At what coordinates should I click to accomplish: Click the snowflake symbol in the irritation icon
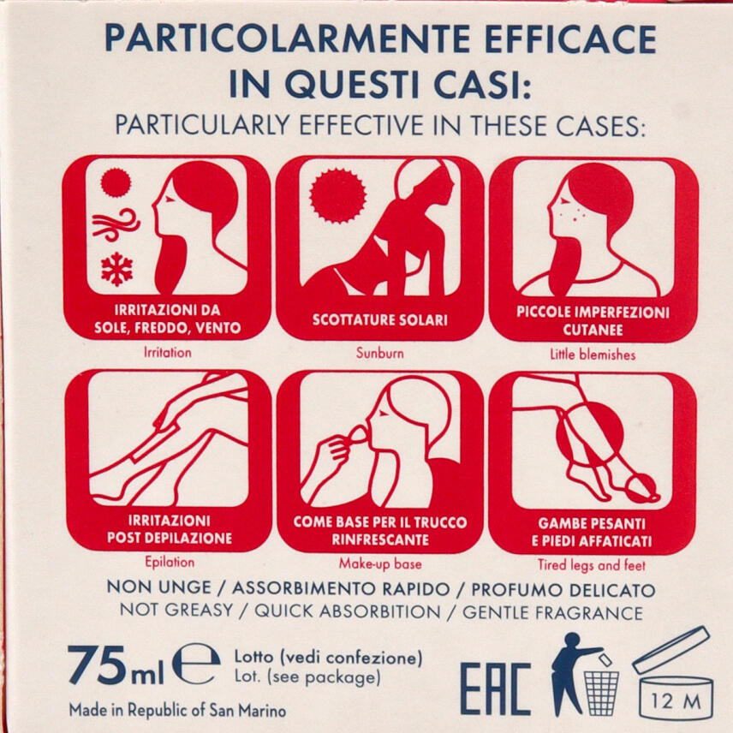116,269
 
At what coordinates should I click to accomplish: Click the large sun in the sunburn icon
337,195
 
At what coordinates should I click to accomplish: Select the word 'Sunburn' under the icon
379,353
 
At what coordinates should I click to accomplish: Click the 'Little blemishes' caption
593,355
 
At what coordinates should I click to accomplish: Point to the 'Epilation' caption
170,562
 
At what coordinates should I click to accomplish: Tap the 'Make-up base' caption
380,563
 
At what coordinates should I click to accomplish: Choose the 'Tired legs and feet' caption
592,564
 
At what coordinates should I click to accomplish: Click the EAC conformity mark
496,689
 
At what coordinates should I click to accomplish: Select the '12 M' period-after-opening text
676,700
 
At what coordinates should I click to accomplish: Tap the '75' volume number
97,664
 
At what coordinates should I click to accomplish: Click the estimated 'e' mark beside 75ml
196,664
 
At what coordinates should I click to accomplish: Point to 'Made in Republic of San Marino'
177,710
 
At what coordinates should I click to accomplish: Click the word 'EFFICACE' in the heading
570,39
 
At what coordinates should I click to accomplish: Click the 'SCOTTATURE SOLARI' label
380,319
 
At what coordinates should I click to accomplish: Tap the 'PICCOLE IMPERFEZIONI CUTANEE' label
593,320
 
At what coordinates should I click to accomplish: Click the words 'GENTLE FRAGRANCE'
552,612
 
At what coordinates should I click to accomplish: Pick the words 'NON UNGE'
159,587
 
